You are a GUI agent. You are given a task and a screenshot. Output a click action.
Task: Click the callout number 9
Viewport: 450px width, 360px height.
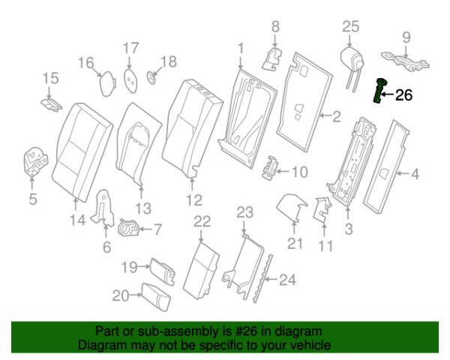tap(406, 36)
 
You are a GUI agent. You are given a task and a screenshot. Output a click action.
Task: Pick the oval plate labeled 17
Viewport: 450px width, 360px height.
tap(130, 78)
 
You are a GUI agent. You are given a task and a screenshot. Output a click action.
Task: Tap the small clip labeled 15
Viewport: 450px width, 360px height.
tap(51, 102)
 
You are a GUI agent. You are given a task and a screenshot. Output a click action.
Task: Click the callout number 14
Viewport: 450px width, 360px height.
tap(76, 220)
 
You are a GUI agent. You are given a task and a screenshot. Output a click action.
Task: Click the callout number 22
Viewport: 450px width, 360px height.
tap(202, 220)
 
